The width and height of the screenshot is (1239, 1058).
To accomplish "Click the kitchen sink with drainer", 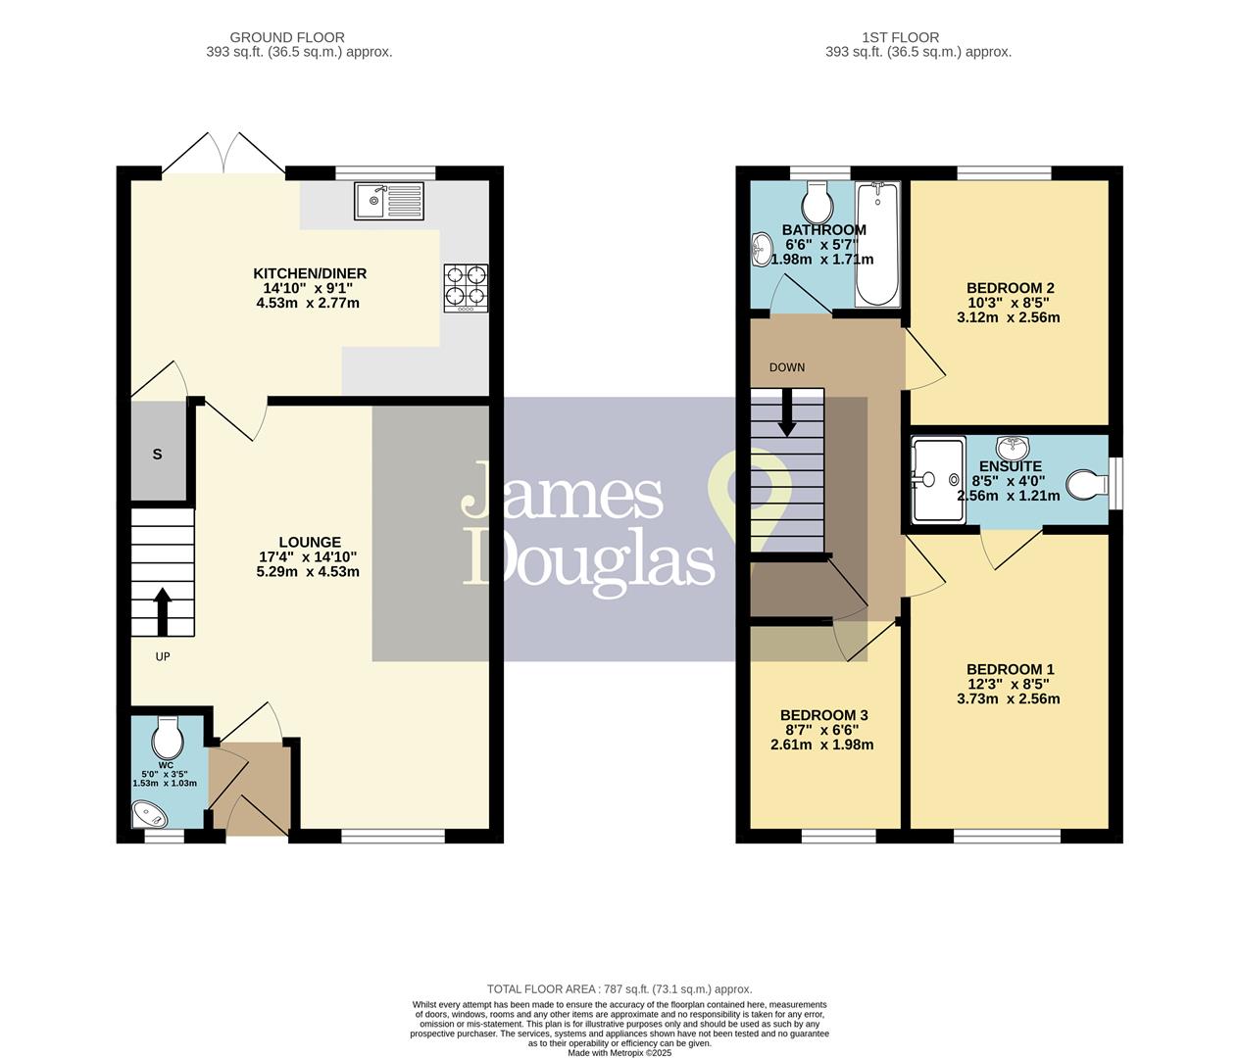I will (x=390, y=202).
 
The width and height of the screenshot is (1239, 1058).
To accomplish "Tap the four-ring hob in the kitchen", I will (x=466, y=286).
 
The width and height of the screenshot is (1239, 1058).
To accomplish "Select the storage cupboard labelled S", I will (x=158, y=454).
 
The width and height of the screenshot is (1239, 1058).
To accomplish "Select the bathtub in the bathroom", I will (x=878, y=244).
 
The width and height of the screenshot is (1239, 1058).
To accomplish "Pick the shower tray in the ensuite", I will (x=938, y=480).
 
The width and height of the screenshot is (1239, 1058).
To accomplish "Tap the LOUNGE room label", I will (x=310, y=542).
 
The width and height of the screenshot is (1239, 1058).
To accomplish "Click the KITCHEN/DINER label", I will (x=310, y=273).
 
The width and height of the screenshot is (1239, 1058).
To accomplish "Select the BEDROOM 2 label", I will (x=1010, y=288).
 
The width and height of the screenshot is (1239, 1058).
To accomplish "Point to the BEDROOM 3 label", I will (x=824, y=715).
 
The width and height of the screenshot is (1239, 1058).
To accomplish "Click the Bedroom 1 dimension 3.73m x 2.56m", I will (x=1008, y=699).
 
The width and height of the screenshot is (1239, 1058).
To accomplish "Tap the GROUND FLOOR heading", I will (x=289, y=38).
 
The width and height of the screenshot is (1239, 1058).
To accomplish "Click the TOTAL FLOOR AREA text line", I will (x=619, y=989).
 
